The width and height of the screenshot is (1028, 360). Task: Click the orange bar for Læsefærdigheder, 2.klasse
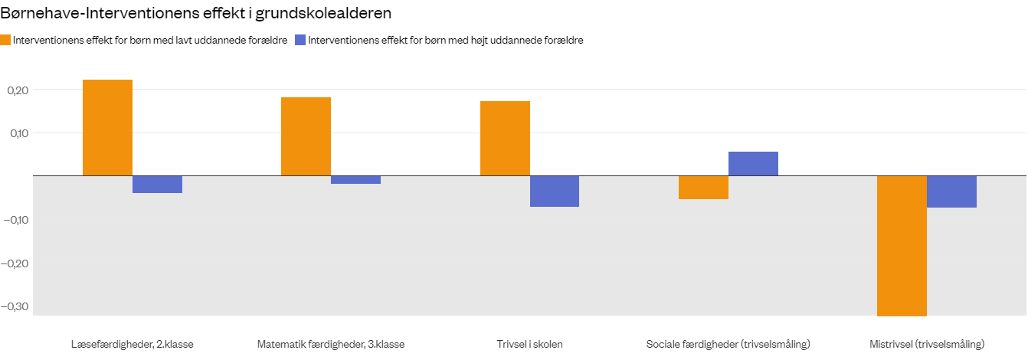(x=107, y=127)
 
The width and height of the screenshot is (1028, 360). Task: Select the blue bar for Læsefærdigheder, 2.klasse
(x=157, y=184)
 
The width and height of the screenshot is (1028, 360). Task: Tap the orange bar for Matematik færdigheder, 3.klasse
(x=306, y=136)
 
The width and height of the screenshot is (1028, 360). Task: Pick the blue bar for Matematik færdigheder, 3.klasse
(x=355, y=179)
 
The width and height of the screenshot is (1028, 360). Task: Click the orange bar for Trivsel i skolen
(x=505, y=138)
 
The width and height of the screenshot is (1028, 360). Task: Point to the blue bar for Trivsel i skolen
(x=555, y=191)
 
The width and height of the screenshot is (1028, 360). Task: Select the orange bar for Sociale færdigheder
(x=703, y=187)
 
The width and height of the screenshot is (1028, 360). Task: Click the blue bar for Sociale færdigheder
(x=753, y=163)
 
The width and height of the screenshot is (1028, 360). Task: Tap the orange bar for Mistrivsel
(x=902, y=245)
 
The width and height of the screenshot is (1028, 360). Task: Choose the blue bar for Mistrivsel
(x=951, y=191)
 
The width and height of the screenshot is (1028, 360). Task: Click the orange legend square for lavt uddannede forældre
(x=6, y=41)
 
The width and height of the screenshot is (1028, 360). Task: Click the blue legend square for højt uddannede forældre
(x=300, y=41)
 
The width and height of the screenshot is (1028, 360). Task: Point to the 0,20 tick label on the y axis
(x=17, y=90)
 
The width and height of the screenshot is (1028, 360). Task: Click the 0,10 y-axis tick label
(x=17, y=133)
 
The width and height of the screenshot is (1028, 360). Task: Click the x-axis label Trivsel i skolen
(x=529, y=344)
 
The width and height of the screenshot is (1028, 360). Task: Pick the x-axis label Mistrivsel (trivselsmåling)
(x=927, y=344)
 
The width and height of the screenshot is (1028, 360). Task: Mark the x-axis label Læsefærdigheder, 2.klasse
(x=132, y=344)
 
